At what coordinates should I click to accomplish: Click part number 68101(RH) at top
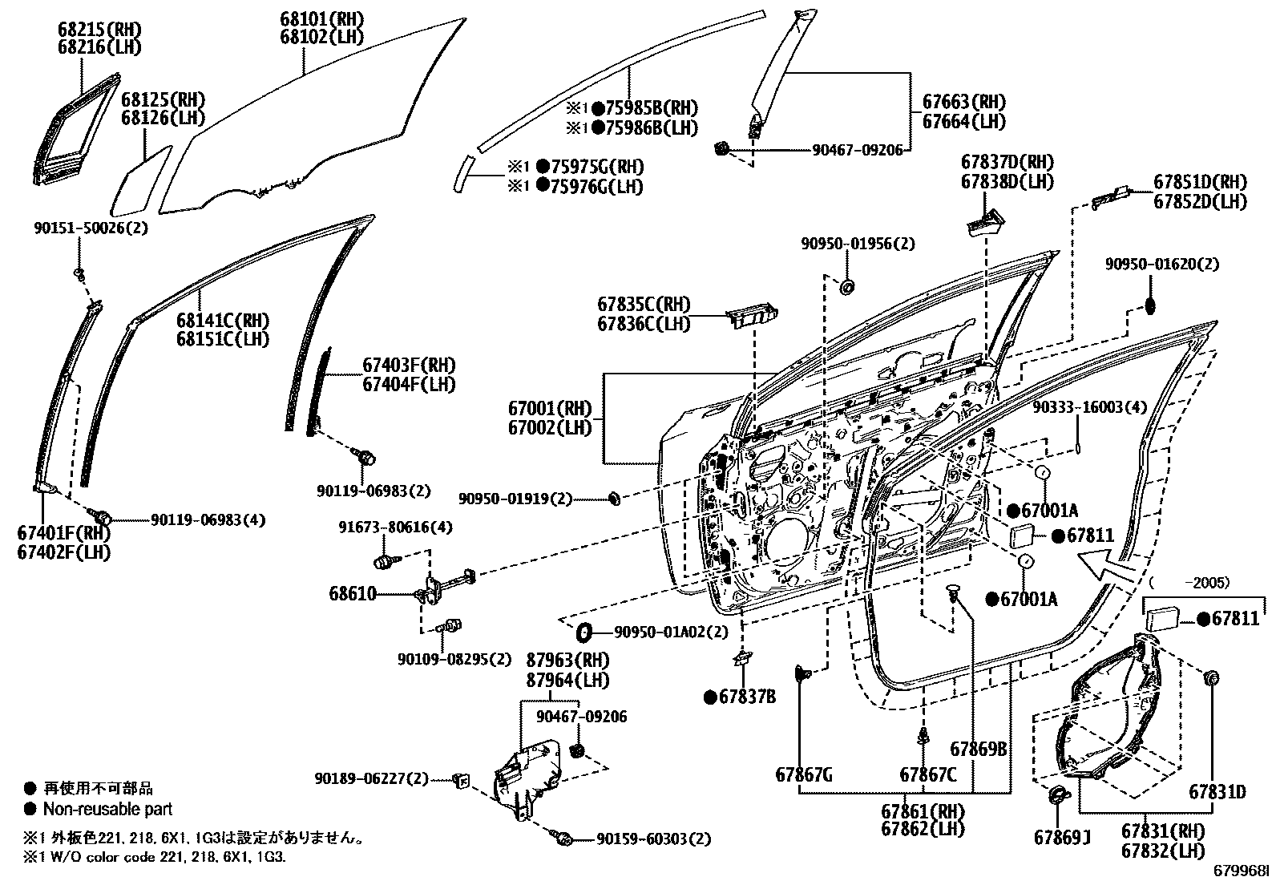tap(321, 18)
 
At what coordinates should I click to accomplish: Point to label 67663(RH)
tap(964, 102)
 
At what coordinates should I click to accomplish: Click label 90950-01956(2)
tap(857, 244)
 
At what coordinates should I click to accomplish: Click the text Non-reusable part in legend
tap(107, 809)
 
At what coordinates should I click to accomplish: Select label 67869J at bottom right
tap(1062, 838)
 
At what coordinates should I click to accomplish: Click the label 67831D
tap(1217, 792)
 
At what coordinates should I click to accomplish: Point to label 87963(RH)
tap(567, 660)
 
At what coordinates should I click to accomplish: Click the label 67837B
tap(747, 697)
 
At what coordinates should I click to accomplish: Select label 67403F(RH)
tap(409, 365)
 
